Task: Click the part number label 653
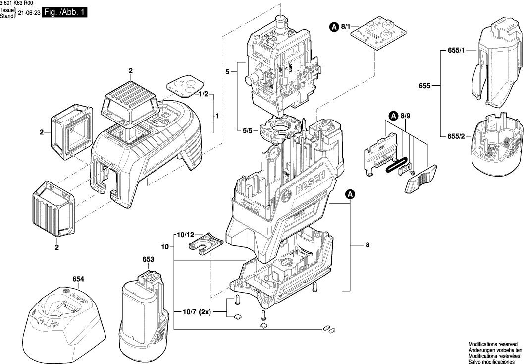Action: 148,259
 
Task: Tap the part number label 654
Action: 78,279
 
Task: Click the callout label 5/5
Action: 248,131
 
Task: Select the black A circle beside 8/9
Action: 393,116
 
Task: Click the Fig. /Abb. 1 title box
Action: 64,15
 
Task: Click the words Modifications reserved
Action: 493,344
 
